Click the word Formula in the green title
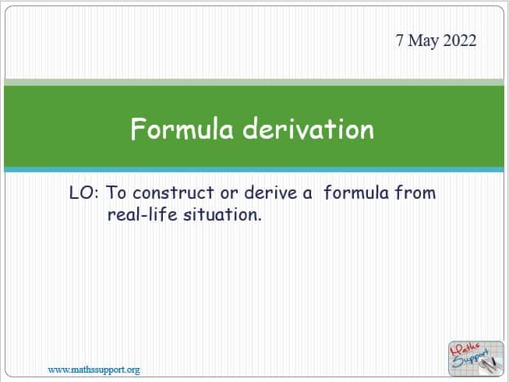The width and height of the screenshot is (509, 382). point(182,129)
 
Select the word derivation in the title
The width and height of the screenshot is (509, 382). point(309,129)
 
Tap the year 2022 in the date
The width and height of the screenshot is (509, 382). point(459,41)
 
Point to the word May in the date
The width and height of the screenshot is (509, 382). point(422,41)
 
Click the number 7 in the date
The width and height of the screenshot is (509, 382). point(400,41)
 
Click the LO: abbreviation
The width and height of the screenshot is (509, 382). point(83,193)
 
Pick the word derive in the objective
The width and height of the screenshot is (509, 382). point(270,193)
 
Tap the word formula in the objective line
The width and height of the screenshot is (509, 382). point(356,192)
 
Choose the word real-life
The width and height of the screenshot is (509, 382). point(142,214)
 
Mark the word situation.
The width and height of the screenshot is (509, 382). point(222,214)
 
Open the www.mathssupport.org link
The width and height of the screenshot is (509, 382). point(94,370)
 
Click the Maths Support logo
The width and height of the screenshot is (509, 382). point(476,359)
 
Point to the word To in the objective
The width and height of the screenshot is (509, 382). point(116,193)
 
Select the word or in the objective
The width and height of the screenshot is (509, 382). point(229,194)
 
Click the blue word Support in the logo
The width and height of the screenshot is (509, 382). point(470,359)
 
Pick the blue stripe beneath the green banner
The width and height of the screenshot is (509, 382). point(254,169)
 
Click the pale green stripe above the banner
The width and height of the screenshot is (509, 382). point(254,82)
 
